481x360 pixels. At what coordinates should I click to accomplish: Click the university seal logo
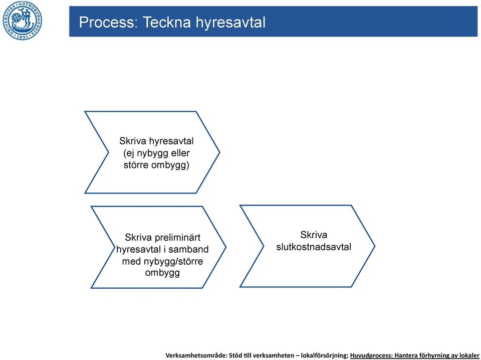pos(23,21)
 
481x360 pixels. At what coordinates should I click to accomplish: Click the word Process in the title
pos(108,23)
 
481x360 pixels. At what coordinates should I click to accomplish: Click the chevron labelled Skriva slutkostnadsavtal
pos(307,246)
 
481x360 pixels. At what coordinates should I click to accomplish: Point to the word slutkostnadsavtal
pos(314,247)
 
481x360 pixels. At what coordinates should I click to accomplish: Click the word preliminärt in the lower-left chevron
pos(177,238)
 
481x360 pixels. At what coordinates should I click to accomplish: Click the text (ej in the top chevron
pos(129,153)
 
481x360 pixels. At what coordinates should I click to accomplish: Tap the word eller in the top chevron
pos(180,153)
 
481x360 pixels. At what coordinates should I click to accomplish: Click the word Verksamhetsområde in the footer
pos(196,355)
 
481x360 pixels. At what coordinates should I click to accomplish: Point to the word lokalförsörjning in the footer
pos(324,355)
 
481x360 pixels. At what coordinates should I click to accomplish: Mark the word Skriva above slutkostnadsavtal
pos(314,235)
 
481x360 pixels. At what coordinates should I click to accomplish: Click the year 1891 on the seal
pos(23,37)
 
